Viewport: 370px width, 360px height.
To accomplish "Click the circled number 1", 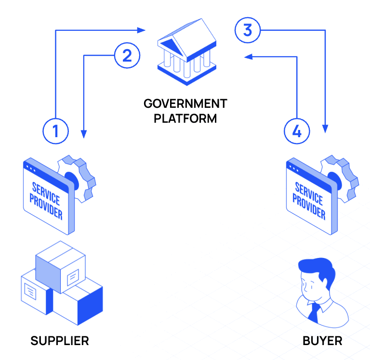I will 55,131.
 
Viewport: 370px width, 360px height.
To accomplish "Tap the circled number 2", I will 127,56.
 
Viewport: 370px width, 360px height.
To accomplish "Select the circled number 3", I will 247,30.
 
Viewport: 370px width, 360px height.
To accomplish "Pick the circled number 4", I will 297,131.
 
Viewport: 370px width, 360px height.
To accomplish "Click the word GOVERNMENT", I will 185,103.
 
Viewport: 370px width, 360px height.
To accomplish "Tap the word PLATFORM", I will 185,118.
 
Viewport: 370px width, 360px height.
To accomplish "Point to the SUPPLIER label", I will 60,341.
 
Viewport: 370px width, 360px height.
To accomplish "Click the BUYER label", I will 322,341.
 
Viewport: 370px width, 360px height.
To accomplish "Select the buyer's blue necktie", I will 314,312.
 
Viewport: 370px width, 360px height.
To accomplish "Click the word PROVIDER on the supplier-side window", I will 46,206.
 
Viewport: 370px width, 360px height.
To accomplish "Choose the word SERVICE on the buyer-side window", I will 308,191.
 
